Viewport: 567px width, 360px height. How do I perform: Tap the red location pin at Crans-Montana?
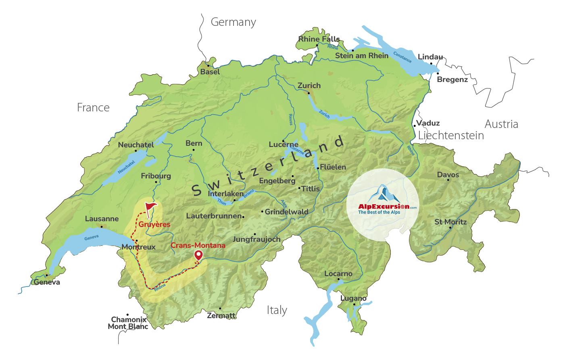(198, 255)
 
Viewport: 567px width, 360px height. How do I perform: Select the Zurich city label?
(309, 86)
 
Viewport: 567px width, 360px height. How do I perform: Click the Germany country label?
(233, 22)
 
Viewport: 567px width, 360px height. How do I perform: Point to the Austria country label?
(501, 124)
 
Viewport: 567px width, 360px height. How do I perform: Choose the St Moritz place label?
(450, 222)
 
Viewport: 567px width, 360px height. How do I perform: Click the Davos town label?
(448, 175)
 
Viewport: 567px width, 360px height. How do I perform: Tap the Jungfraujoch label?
(256, 239)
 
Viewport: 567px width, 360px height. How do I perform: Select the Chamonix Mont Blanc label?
(128, 323)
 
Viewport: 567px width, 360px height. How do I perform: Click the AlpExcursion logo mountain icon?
(383, 194)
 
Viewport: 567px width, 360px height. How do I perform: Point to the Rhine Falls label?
(319, 39)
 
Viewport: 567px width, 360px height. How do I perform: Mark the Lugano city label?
(353, 298)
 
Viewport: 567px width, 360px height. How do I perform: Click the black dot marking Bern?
(193, 150)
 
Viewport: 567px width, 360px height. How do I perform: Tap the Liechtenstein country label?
(451, 136)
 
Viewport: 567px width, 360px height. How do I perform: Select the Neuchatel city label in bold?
(136, 144)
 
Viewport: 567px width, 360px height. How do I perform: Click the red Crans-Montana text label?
(198, 245)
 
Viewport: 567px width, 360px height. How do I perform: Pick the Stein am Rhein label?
(362, 56)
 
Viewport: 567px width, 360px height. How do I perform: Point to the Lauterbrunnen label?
(214, 216)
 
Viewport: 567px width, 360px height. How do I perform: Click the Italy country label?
(277, 310)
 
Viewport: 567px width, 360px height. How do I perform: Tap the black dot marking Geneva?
(46, 276)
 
